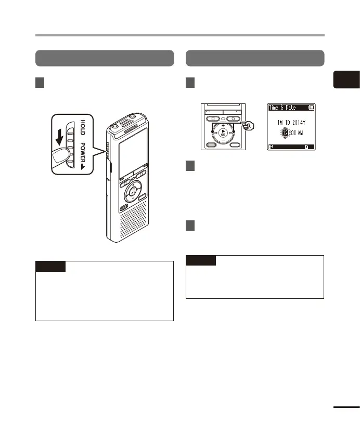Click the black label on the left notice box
point(50,267)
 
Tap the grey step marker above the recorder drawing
point(41,83)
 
